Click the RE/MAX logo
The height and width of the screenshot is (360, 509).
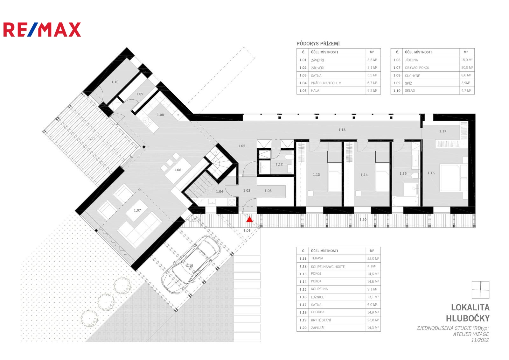coord(42,30)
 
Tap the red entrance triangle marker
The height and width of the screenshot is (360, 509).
coord(249,219)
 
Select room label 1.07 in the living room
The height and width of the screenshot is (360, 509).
coord(137,210)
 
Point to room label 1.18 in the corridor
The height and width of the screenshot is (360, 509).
coord(342,130)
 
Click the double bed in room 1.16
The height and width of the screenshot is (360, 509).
coord(454,178)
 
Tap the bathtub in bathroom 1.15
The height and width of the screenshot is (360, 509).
coord(405,201)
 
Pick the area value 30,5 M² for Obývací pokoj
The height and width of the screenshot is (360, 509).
coord(467,68)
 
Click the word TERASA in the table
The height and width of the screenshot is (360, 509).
coord(317,258)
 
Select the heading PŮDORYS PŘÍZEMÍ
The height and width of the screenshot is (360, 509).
coord(318,44)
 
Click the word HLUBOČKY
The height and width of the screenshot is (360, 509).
coord(468,318)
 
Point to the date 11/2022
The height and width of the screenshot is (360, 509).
coord(480,340)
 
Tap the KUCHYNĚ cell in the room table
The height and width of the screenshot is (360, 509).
coord(412,76)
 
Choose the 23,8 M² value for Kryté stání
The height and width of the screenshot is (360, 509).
coord(373,320)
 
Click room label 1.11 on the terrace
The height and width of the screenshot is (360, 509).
coord(91,138)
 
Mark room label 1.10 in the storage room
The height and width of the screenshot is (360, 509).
coord(115,82)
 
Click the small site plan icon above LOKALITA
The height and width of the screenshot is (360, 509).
coord(480,290)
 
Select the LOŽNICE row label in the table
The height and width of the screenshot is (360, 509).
coord(317,297)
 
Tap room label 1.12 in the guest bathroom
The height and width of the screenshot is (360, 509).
coord(279,164)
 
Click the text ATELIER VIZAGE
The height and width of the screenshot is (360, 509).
coord(471,334)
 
